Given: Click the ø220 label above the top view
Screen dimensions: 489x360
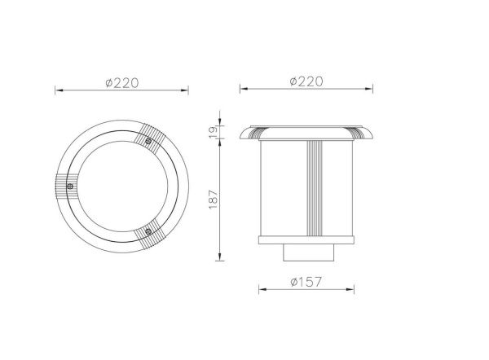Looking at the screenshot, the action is pyautogui.click(x=122, y=83).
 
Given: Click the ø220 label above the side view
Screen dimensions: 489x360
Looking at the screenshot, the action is pyautogui.click(x=306, y=81).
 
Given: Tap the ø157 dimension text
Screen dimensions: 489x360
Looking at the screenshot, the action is pyautogui.click(x=306, y=282).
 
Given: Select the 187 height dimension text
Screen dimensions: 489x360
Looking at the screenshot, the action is pyautogui.click(x=214, y=200).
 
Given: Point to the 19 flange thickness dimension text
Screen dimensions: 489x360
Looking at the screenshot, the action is pyautogui.click(x=214, y=133).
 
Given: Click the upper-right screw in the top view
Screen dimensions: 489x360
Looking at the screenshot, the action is pyautogui.click(x=148, y=141).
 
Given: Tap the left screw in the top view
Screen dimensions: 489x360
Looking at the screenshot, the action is pyautogui.click(x=70, y=187).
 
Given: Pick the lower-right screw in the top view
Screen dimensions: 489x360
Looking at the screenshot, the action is pyautogui.click(x=148, y=231).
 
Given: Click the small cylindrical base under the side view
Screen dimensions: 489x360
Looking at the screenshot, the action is pyautogui.click(x=308, y=252).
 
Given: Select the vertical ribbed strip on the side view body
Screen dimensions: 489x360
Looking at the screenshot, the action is pyautogui.click(x=315, y=188).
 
